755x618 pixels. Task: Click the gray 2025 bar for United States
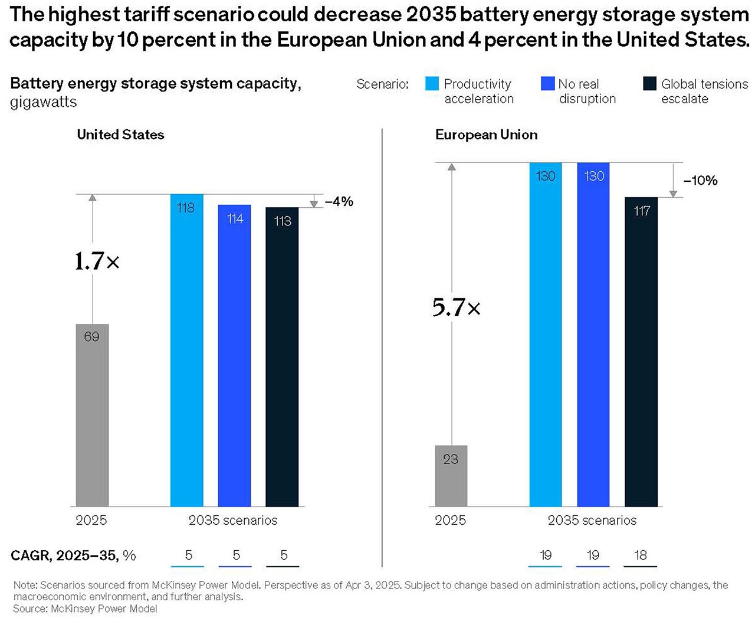click(92, 415)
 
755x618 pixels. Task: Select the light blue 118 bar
click(186, 350)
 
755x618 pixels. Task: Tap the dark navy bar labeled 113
click(282, 357)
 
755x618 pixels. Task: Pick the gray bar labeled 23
click(451, 476)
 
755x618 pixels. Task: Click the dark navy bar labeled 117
click(641, 352)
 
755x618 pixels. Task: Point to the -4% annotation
click(339, 201)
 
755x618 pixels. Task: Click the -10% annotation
click(700, 181)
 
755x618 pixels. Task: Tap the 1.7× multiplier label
click(97, 261)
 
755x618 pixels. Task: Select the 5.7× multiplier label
click(456, 307)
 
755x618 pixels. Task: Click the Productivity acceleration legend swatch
click(432, 84)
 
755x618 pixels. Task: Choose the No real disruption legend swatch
click(547, 84)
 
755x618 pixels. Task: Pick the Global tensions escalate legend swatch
click(649, 84)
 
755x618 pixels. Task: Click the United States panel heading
click(120, 135)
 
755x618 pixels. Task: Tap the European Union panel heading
click(486, 135)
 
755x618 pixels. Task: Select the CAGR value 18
click(641, 555)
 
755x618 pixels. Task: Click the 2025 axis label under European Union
click(450, 520)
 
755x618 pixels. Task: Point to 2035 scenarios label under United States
click(232, 520)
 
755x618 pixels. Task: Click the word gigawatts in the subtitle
click(43, 102)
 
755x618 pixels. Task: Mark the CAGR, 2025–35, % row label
click(73, 555)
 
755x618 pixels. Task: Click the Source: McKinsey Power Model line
click(85, 609)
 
